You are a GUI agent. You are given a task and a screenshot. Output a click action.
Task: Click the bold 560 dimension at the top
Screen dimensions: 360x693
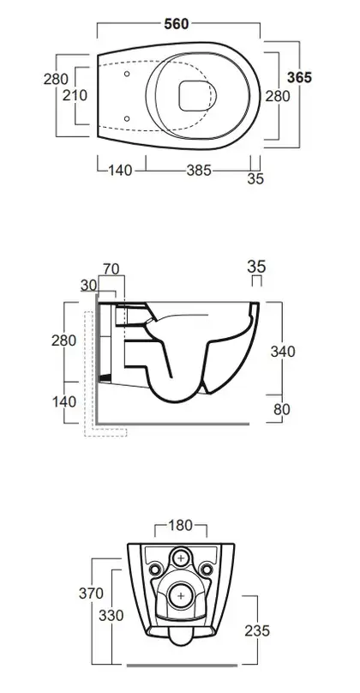coord(177,24)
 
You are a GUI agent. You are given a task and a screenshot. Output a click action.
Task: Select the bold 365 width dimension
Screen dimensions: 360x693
coord(299,77)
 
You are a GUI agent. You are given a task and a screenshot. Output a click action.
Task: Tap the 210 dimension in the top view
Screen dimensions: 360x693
coord(75,95)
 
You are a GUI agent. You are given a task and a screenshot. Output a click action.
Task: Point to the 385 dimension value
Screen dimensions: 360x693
coord(199,170)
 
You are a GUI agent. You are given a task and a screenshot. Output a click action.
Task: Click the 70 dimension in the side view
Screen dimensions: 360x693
coord(111,268)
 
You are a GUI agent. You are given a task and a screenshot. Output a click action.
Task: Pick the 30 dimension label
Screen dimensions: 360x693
coord(89,286)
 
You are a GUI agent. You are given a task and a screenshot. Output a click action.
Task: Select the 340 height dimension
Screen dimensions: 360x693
coord(283,352)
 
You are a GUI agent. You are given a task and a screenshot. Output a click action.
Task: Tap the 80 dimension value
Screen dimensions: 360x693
coord(282,409)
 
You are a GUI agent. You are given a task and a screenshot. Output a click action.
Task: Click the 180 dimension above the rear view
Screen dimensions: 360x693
coord(181,525)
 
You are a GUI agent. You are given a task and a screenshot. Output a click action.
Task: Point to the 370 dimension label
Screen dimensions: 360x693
coord(92,594)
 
